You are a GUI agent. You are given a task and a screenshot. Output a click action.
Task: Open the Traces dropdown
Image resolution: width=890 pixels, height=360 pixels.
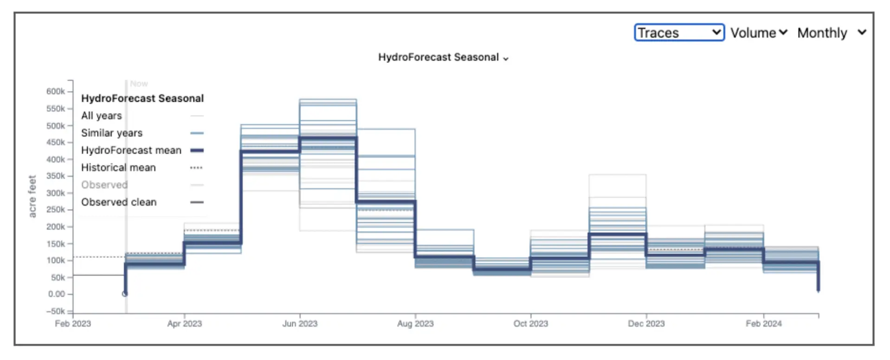pos(679,32)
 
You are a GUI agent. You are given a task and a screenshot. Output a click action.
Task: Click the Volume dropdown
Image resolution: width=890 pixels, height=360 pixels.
pos(759,33)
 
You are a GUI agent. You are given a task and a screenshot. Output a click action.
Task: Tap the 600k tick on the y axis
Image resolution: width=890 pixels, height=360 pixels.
pos(56,91)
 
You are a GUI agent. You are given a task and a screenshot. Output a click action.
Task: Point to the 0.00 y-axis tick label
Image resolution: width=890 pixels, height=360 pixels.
pos(57,294)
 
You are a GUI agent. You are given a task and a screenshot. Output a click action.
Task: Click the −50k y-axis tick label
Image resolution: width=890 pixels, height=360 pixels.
pos(55,311)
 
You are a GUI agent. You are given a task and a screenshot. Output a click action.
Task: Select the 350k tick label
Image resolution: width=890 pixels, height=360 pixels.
pos(56,176)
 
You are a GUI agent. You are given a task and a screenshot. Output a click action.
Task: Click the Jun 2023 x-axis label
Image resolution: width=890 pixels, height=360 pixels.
pos(300,323)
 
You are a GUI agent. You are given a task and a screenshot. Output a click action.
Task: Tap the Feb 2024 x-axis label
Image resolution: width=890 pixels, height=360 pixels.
pos(764,323)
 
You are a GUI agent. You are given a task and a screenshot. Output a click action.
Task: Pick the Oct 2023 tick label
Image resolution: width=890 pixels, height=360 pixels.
pos(531,323)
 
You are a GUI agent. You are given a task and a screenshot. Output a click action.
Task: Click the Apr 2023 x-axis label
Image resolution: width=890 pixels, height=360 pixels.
pos(185,323)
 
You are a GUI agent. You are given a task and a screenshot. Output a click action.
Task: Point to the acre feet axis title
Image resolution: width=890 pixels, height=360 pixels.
pos(32,196)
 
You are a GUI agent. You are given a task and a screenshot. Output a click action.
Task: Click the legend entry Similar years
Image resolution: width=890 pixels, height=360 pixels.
pos(112,133)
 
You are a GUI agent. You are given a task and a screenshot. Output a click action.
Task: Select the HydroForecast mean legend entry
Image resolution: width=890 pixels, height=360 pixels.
pos(131,150)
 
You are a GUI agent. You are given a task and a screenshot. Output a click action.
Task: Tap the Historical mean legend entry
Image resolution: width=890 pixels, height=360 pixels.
pos(118,167)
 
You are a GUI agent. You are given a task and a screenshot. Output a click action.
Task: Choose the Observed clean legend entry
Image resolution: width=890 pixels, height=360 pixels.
pos(119,202)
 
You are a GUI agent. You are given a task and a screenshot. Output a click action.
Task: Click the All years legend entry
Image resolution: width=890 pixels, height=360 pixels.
pos(102,116)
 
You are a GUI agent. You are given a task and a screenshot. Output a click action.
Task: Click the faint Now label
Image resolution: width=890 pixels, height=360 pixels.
pos(139,84)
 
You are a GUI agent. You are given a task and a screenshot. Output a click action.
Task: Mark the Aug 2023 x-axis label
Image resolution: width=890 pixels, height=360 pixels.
pos(415,323)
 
